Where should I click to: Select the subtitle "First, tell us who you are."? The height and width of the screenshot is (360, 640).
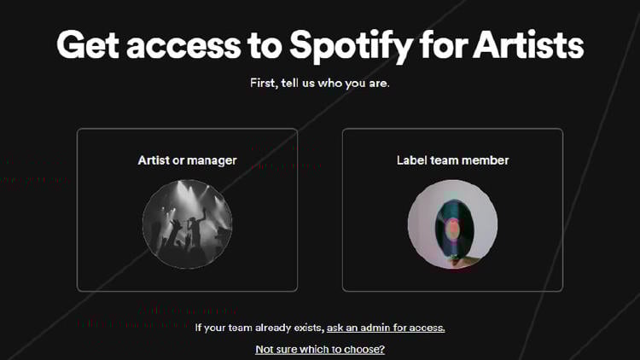point(320,84)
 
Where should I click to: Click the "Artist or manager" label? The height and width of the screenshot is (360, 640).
point(187,160)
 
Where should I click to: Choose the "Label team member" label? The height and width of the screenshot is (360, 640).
point(452,160)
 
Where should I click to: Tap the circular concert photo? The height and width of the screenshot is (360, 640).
point(187,224)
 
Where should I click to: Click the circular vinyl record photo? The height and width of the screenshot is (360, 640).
point(452,224)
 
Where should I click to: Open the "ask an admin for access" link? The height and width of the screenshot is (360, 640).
point(386,328)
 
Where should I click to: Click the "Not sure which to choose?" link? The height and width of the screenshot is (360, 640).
point(320,349)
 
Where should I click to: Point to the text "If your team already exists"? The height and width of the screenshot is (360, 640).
point(259,328)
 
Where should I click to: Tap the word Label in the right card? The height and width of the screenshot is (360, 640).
point(410,160)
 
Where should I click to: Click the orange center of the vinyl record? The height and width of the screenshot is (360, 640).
point(452,228)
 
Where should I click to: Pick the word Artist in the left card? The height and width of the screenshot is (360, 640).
point(154,160)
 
